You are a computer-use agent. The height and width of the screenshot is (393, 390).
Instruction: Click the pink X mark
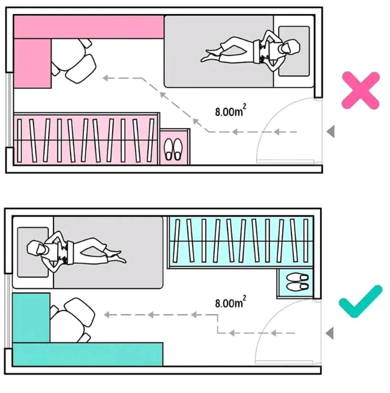coord(361,90)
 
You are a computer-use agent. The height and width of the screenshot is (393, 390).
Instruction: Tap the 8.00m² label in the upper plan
coord(231,110)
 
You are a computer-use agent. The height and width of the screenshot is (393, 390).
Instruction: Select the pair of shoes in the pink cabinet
coord(173,149)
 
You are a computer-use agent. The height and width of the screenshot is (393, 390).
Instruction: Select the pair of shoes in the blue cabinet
coord(298,282)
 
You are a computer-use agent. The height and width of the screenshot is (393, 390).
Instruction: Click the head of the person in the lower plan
coord(37,248)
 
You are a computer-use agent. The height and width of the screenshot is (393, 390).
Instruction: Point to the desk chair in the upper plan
coord(72,61)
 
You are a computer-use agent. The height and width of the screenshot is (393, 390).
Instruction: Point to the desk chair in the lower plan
coord(72,320)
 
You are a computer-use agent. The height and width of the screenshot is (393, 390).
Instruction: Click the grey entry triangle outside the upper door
coord(330,132)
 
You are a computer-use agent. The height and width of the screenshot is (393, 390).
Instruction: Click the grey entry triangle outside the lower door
coord(329,333)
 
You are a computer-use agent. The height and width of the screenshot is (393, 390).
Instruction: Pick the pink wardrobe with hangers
coord(86,139)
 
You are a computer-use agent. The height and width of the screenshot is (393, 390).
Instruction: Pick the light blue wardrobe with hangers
coord(241,242)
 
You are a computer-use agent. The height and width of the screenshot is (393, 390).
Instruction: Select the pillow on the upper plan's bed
coord(294,51)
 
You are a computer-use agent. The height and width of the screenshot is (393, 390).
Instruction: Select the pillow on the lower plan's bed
coord(33,252)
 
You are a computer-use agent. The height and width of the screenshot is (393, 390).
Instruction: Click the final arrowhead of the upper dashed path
coord(106,78)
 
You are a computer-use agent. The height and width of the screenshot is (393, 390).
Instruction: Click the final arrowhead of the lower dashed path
coord(107,315)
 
